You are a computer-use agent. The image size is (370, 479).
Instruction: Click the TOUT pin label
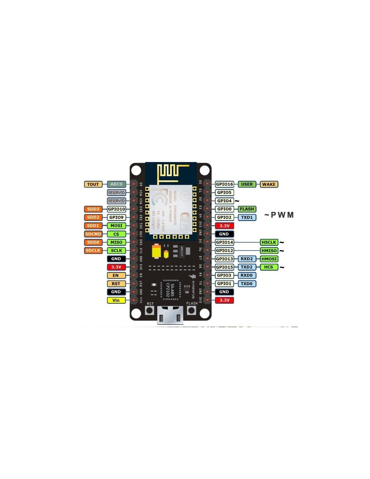tap(93, 184)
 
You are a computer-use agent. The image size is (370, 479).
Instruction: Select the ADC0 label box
tap(116, 184)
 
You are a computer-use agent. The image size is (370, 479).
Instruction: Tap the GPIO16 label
tap(224, 184)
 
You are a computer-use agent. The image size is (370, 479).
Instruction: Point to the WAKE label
tap(269, 184)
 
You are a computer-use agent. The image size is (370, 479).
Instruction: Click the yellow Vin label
tap(116, 300)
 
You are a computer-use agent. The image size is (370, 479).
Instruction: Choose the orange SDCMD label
tap(93, 234)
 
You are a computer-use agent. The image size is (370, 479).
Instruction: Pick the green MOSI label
tap(116, 226)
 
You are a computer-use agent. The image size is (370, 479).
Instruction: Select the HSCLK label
tap(269, 242)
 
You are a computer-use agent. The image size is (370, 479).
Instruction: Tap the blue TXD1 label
tap(247, 217)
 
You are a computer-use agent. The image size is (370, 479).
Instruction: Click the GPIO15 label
tap(224, 267)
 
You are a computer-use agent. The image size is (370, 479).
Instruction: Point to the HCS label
tap(269, 267)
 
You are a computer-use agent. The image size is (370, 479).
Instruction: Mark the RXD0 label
tap(247, 275)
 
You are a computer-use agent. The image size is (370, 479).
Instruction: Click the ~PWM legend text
tap(279, 215)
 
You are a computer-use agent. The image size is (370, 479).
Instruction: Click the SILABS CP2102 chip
tap(170, 289)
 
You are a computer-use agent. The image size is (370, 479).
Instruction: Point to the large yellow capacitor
tap(156, 251)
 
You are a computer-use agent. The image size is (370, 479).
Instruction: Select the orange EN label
tap(116, 275)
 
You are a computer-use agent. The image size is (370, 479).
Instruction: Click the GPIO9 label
tap(116, 217)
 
